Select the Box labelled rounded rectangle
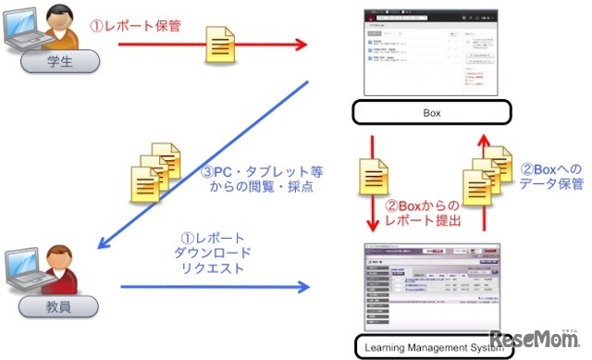pos(432,114)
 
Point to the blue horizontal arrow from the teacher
pos(213,286)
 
